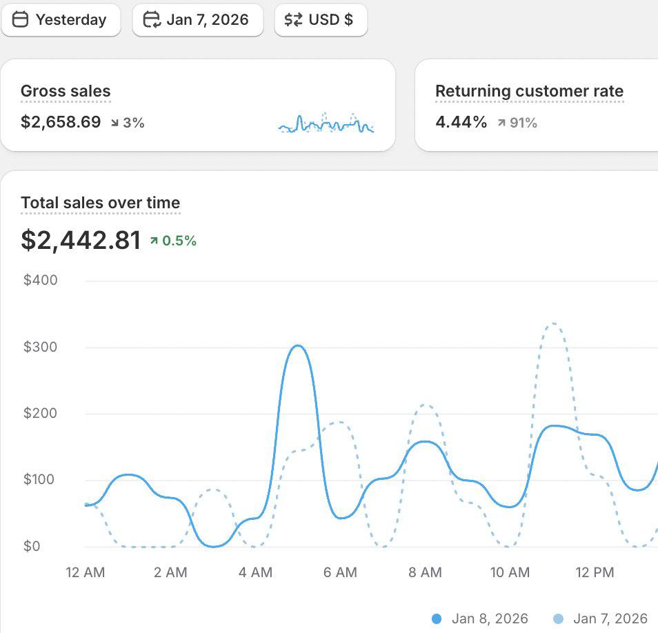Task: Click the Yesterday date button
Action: coord(61,20)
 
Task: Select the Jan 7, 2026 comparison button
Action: coord(198,20)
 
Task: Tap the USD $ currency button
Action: coord(321,20)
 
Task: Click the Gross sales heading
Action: coord(66,91)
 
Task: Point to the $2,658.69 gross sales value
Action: coord(61,123)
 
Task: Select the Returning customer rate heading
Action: coord(529,91)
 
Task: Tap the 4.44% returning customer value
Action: coord(461,123)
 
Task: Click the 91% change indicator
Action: coord(517,123)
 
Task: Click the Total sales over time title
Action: coord(100,203)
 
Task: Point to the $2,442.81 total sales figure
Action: coord(81,240)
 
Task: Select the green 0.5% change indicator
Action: coord(173,241)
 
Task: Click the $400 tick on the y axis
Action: coord(41,280)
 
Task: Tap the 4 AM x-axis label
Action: coord(256,572)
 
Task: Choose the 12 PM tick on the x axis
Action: coord(595,572)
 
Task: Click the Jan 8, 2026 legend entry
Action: coord(480,619)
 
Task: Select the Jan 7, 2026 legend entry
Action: coord(601,619)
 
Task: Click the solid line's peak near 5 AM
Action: coord(297,345)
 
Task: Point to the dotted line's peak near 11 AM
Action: coord(553,323)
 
